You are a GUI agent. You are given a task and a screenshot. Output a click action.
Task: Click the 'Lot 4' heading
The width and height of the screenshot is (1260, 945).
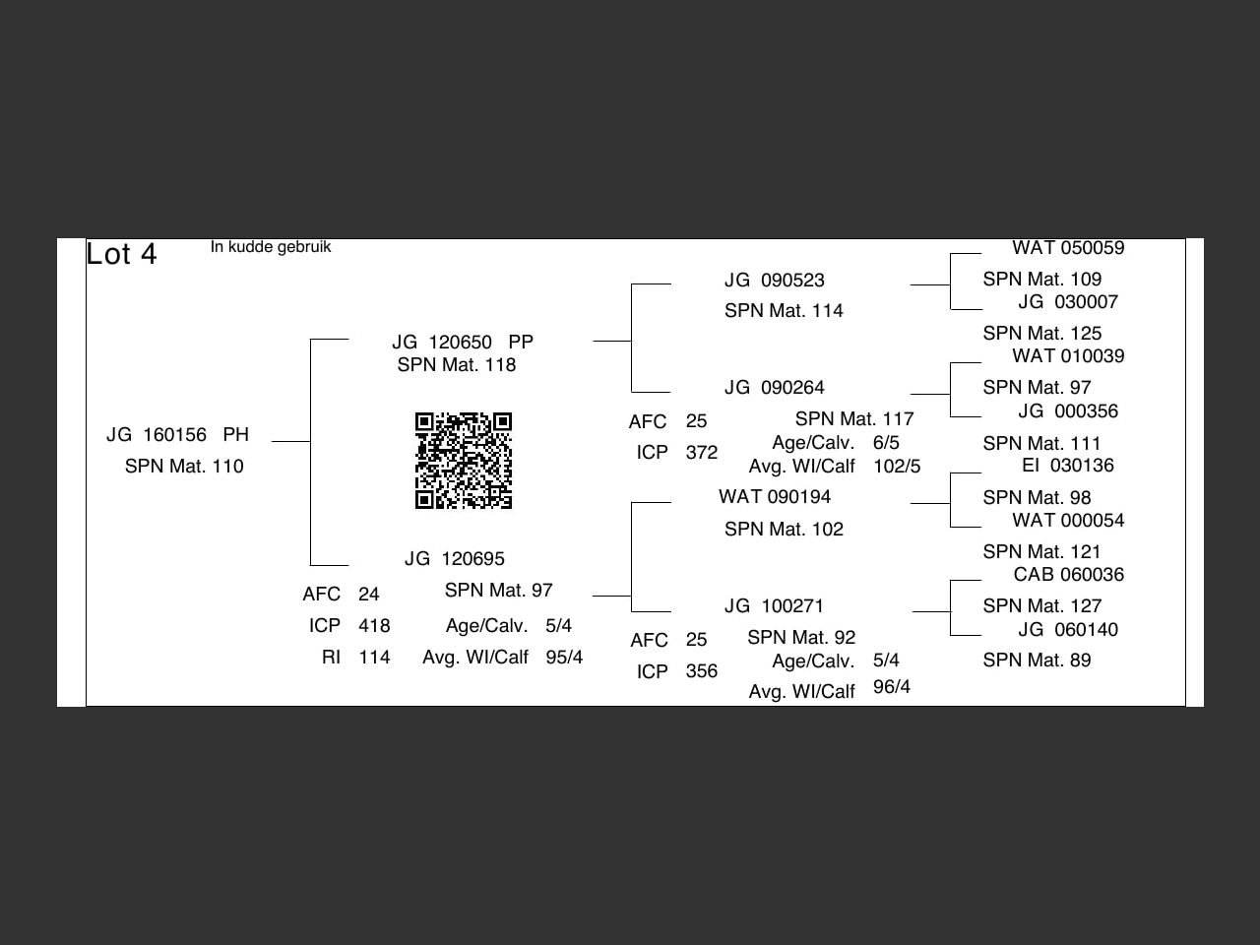pos(121,254)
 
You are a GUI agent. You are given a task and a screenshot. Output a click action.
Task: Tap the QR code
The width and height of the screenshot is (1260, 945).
pos(464,461)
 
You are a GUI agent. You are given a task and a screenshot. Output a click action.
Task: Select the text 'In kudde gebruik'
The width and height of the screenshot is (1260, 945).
pos(271,247)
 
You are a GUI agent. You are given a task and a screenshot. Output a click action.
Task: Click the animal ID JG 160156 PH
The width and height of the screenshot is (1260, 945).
pos(177,435)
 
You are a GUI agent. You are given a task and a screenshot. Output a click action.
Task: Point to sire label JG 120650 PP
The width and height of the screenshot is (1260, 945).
pos(462,343)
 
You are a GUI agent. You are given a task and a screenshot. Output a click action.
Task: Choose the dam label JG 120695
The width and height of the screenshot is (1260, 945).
pos(454,559)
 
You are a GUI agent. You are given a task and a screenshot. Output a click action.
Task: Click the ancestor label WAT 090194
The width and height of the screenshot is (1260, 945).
pos(774,497)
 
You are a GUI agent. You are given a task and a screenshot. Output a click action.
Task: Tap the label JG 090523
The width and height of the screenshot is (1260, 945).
pos(774,281)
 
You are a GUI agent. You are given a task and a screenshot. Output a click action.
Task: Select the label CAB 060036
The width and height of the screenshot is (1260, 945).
pos(1068,575)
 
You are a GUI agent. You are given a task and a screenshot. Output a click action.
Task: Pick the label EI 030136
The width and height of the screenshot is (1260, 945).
pos(1067,466)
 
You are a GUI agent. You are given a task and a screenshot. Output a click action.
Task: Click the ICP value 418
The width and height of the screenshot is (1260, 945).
pos(374,626)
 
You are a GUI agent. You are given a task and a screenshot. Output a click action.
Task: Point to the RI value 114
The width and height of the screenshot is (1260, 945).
pos(374,658)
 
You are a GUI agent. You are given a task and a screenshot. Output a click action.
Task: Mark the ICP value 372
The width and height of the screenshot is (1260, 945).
pos(702,453)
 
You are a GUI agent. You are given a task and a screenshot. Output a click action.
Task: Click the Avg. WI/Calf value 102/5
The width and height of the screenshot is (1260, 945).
pos(897,467)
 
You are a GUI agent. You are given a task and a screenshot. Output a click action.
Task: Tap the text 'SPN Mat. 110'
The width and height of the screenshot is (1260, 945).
pos(184,467)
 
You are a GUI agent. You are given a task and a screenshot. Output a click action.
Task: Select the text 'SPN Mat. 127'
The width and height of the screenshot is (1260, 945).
pos(1041,606)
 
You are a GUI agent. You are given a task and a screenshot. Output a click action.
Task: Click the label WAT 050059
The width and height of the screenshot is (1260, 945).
pos(1068,248)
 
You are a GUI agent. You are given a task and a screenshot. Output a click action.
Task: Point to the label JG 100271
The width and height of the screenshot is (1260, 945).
pos(774,606)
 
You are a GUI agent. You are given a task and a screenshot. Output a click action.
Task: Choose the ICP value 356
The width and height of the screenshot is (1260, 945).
pos(702,671)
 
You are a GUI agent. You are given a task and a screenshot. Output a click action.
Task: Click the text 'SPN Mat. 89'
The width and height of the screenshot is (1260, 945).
pos(1037,661)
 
